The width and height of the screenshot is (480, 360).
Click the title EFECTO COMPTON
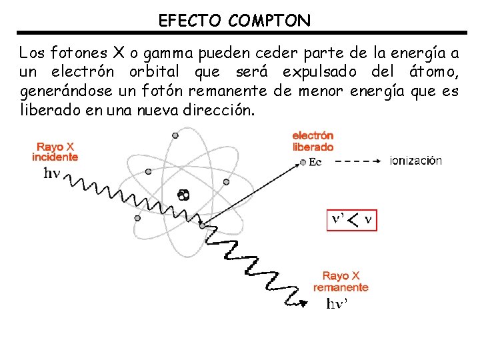point(234,21)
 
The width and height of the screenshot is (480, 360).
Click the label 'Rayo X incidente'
point(55,152)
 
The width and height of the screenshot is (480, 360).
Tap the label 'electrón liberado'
point(313,141)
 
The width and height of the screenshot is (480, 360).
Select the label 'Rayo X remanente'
point(341,281)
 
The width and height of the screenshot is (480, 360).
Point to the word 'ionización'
point(415,161)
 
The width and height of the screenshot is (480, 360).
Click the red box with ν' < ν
point(351,218)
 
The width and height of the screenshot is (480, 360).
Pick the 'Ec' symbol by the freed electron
point(315,162)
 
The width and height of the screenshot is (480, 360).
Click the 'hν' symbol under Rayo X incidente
point(52,173)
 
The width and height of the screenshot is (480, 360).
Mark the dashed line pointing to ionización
point(359,161)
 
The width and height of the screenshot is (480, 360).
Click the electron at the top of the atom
point(175,135)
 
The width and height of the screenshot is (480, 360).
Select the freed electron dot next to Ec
point(303,161)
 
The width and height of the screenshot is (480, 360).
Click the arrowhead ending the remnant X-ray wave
point(304,303)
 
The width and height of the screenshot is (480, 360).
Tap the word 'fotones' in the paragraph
point(74,52)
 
